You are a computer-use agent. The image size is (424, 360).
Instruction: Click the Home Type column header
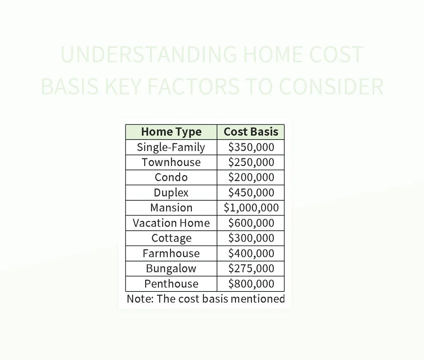tap(171, 132)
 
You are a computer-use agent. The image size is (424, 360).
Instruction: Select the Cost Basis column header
tap(251, 132)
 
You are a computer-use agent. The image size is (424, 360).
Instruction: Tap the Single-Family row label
tap(171, 147)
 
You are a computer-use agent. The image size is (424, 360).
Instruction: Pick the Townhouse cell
tap(171, 162)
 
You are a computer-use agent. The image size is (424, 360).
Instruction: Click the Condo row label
tap(171, 177)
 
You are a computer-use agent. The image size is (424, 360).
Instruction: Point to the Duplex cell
tap(171, 193)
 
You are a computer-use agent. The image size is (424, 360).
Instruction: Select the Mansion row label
tap(171, 208)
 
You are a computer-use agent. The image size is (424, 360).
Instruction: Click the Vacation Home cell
tap(171, 223)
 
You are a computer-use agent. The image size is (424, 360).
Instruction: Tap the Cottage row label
tap(171, 238)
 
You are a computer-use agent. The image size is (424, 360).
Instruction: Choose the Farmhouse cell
tap(171, 253)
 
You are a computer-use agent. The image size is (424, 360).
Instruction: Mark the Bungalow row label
tap(171, 268)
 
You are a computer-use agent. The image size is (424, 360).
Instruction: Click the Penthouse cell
tap(171, 284)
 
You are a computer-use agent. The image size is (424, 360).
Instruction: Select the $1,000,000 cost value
tap(251, 208)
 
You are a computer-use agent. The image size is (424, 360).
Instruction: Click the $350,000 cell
tap(251, 147)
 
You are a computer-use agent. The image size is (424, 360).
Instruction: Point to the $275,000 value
tap(251, 268)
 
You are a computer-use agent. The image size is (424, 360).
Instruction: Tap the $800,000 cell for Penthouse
tap(251, 284)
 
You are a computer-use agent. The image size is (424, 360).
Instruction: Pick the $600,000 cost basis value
tap(251, 223)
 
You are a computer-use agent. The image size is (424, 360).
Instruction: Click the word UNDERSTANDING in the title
tap(148, 55)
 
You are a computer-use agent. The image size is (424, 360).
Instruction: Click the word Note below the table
tap(140, 299)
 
